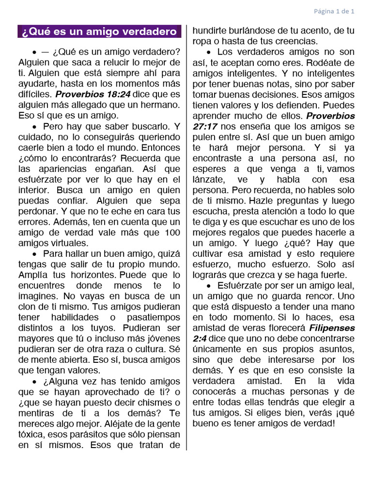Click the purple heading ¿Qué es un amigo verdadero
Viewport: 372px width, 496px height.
(99, 32)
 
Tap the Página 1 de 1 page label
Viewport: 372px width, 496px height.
(334, 10)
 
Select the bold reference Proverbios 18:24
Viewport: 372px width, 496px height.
(93, 94)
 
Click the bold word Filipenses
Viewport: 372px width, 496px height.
(332, 328)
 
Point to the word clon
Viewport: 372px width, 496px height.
(28, 307)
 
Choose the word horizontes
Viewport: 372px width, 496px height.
(93, 275)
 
